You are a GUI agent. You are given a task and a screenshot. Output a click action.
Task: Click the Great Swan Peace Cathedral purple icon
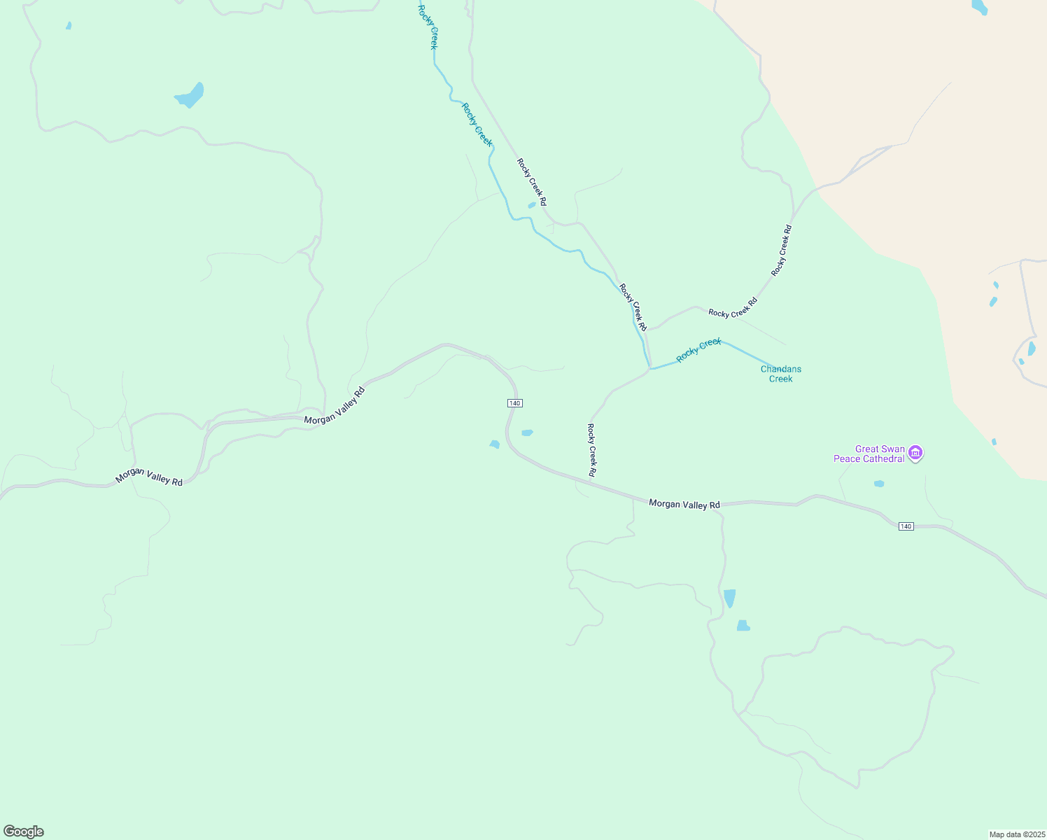[915, 454]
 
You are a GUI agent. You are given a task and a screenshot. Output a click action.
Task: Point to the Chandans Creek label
[781, 374]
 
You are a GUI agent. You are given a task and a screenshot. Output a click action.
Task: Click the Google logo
[24, 832]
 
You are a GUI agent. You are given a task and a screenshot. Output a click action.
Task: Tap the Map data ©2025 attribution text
[1016, 834]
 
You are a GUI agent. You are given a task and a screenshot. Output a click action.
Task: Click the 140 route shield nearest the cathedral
[906, 526]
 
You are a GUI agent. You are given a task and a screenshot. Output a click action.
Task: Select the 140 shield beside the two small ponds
[515, 403]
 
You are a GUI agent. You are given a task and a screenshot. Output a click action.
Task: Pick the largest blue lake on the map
[190, 95]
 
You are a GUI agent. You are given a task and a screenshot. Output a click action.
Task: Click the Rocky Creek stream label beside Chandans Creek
[698, 350]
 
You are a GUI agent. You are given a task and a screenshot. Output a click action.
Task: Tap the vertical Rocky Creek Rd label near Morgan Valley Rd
[592, 450]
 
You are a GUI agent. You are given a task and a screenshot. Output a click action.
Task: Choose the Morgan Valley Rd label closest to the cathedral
[684, 504]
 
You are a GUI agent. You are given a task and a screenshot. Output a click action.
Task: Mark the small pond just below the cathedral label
[879, 484]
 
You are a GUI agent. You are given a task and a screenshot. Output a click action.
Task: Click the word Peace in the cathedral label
[848, 459]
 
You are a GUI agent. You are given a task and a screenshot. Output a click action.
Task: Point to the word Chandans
[781, 369]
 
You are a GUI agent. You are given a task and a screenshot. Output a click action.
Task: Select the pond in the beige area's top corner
[980, 7]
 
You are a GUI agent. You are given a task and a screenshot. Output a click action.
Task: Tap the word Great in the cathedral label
[866, 449]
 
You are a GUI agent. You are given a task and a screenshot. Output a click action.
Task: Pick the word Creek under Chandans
[781, 379]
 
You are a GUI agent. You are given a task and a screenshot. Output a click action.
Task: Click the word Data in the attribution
[1012, 834]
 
